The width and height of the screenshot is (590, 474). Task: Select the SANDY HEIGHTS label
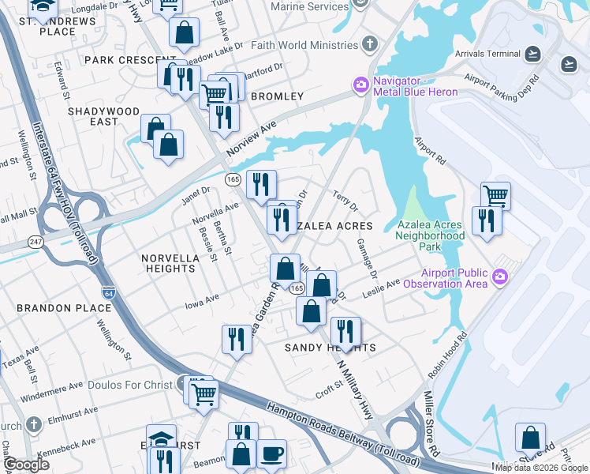[330, 348]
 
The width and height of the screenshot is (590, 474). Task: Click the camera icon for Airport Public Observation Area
[499, 276]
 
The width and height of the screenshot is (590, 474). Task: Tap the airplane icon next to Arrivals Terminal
[533, 54]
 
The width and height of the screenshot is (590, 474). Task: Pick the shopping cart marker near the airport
[495, 194]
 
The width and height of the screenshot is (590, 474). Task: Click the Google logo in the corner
[26, 465]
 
